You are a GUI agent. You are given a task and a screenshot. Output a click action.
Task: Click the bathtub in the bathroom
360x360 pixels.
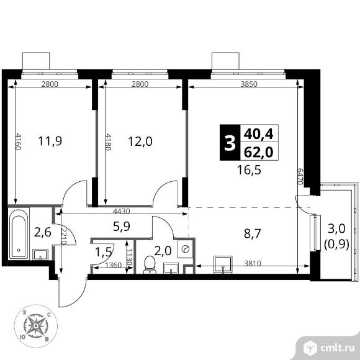pyautogui.click(x=19, y=234)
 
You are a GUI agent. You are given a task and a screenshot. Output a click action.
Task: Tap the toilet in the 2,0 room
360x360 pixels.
pyautogui.click(x=150, y=264)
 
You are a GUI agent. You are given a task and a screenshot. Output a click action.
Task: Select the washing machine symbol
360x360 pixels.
pyautogui.click(x=185, y=249)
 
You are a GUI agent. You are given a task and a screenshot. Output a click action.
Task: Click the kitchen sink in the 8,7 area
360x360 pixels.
pyautogui.click(x=223, y=264)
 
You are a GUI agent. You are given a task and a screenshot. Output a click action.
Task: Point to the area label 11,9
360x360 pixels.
pyautogui.click(x=50, y=141)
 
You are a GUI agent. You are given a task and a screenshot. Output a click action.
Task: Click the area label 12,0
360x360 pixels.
pyautogui.click(x=140, y=141)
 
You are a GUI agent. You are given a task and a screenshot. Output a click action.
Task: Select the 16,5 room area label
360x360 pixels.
pyautogui.click(x=249, y=170)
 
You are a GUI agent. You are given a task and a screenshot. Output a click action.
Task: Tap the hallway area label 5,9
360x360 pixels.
pyautogui.click(x=122, y=226)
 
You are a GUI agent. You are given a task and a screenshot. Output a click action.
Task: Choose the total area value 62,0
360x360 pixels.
pyautogui.click(x=259, y=152)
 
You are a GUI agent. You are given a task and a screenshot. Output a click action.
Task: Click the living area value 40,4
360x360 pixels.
pyautogui.click(x=259, y=134)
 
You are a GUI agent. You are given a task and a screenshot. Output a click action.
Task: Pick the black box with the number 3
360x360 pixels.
pyautogui.click(x=230, y=142)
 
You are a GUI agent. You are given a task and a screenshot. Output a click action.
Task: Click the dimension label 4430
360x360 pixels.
pyautogui.click(x=122, y=211)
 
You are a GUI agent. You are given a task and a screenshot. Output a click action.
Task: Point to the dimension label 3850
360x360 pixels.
pyautogui.click(x=249, y=84)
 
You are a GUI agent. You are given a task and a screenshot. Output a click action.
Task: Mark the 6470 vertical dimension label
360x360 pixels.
pyautogui.click(x=300, y=176)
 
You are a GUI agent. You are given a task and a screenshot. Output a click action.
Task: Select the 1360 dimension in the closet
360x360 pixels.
pyautogui.click(x=113, y=266)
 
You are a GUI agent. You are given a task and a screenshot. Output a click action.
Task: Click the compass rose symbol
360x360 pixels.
pyautogui.click(x=36, y=326)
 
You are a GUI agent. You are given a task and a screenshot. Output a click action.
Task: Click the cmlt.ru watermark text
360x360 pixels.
pyautogui.click(x=337, y=349)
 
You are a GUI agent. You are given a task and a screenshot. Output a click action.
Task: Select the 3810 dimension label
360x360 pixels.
pyautogui.click(x=253, y=263)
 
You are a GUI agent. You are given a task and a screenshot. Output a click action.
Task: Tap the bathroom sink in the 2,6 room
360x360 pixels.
pyautogui.click(x=40, y=254)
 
